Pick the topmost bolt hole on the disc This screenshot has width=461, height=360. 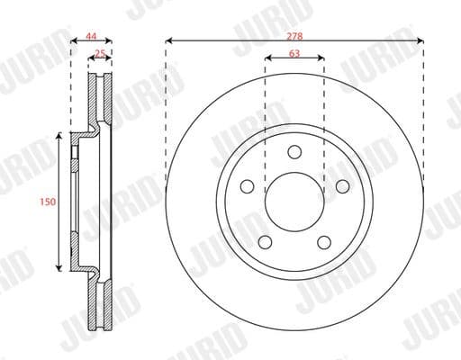[x=294, y=152]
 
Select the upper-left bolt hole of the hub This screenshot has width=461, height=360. [x=248, y=186]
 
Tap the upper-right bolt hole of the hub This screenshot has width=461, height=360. [x=342, y=186]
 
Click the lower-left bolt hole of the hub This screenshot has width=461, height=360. [x=266, y=241]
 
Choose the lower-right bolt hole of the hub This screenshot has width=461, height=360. [x=324, y=241]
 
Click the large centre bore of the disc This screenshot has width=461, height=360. [x=294, y=202]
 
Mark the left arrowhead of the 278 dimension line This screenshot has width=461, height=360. [x=168, y=40]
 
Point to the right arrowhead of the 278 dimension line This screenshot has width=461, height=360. [x=421, y=40]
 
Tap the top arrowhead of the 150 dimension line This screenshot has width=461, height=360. [x=59, y=136]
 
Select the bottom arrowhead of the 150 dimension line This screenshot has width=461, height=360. [x=59, y=269]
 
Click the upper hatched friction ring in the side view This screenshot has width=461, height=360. [x=98, y=99]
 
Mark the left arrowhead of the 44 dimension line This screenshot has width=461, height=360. [x=72, y=40]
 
